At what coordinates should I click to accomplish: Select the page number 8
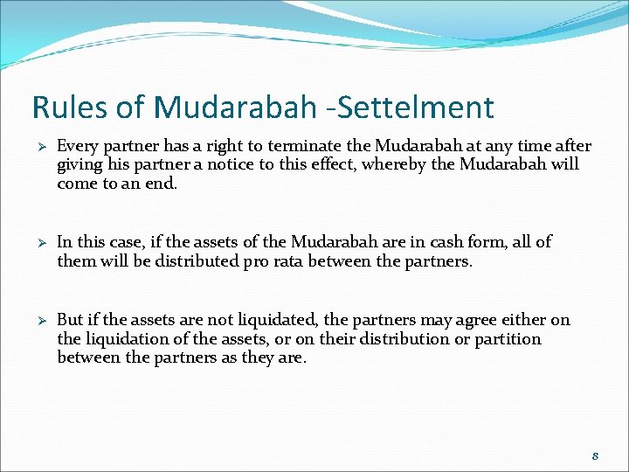594,455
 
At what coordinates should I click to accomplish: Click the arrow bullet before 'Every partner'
38,146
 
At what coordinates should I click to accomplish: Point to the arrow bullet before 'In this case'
38,242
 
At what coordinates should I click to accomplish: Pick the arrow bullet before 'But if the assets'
38,321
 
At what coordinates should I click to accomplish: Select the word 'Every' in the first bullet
78,146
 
